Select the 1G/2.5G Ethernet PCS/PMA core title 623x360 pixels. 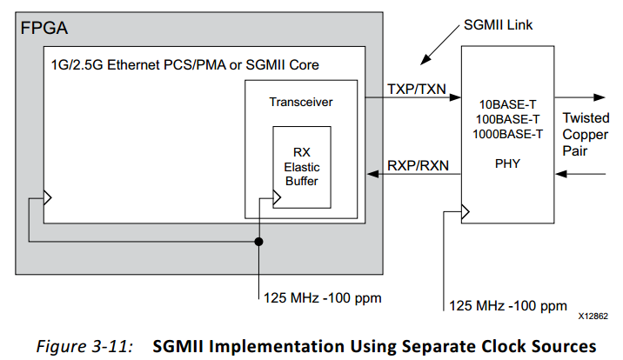pos(181,65)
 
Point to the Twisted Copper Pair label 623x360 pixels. pos(586,134)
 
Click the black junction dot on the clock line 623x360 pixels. pos(259,241)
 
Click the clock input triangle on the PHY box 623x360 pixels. pos(466,210)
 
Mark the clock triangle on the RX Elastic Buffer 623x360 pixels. pos(278,199)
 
